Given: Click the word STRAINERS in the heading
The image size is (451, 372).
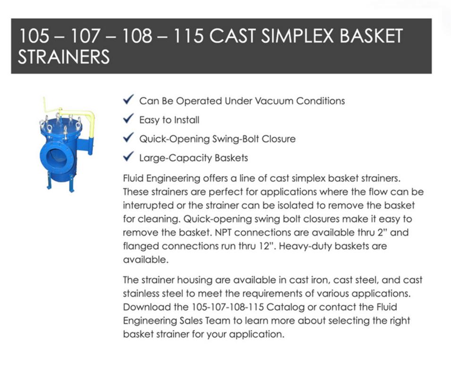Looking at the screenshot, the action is (x=64, y=57).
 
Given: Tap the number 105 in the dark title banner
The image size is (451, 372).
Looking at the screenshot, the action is (x=34, y=36).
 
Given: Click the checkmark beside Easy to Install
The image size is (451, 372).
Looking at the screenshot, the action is (x=128, y=118).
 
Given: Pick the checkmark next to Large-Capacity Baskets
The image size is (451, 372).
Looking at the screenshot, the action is (x=128, y=156).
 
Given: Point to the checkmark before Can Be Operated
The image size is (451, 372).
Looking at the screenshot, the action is (x=128, y=99).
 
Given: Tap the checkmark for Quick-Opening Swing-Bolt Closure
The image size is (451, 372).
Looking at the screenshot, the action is (x=128, y=138).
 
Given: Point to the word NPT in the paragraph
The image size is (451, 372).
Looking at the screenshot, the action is (x=222, y=233).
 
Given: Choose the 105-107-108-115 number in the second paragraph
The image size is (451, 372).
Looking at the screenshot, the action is (x=228, y=307).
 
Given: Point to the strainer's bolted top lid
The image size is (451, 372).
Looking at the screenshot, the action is (x=61, y=127).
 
